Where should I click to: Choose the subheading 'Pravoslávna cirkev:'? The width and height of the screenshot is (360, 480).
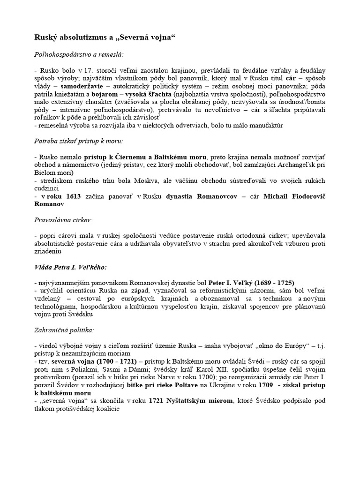(x=63, y=219)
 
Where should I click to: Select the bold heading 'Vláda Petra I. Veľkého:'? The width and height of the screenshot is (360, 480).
(x=71, y=267)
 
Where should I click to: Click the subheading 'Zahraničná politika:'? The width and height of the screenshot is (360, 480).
(x=63, y=331)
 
